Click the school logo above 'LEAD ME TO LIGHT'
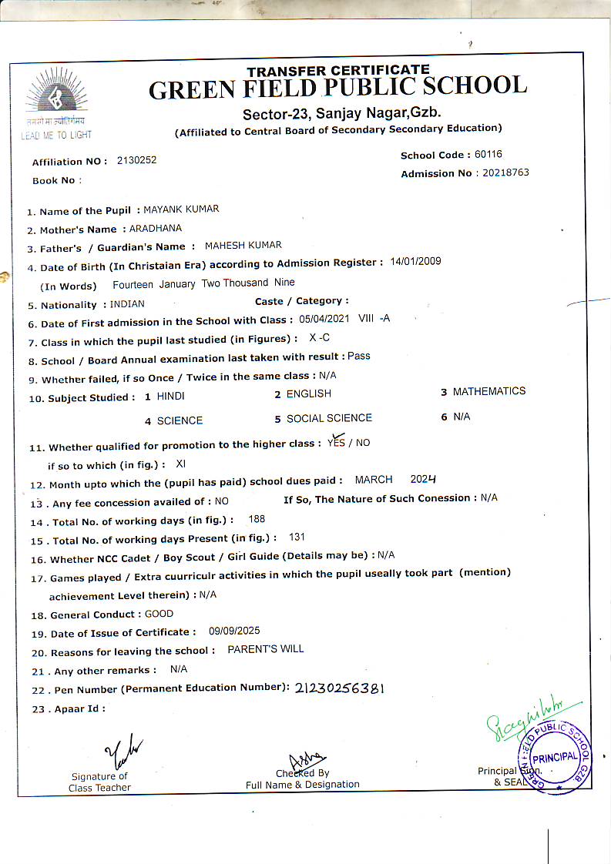[x=56, y=95]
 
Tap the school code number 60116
[x=488, y=155]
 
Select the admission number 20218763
[x=505, y=173]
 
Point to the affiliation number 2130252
[x=136, y=160]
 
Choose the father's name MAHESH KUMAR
[x=243, y=246]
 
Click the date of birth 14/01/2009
[x=415, y=262]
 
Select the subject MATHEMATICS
[x=488, y=391]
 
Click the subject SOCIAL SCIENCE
[x=329, y=418]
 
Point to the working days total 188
[x=257, y=520]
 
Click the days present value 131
[x=297, y=537]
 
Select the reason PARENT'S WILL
[x=265, y=649]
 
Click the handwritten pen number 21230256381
[x=339, y=688]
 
